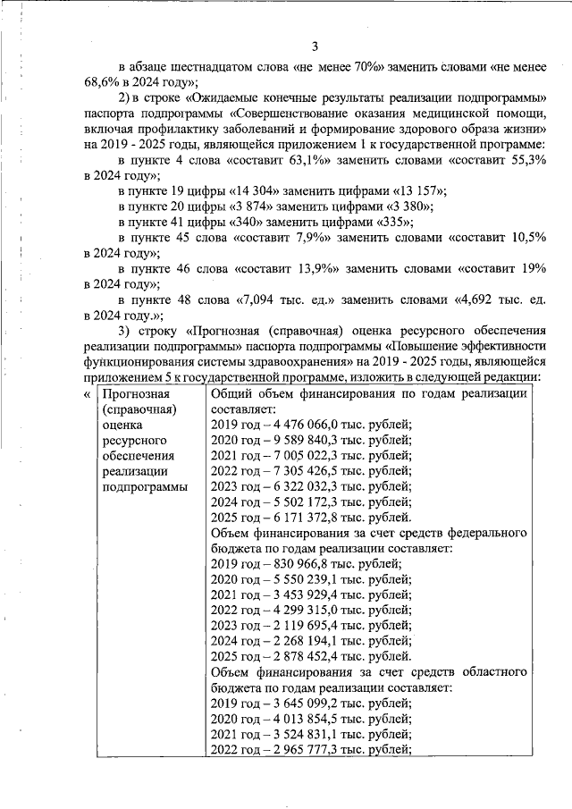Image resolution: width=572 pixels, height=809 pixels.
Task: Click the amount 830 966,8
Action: pos(305,563)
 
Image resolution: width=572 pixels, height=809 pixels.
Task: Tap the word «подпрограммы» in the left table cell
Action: pos(145,486)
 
